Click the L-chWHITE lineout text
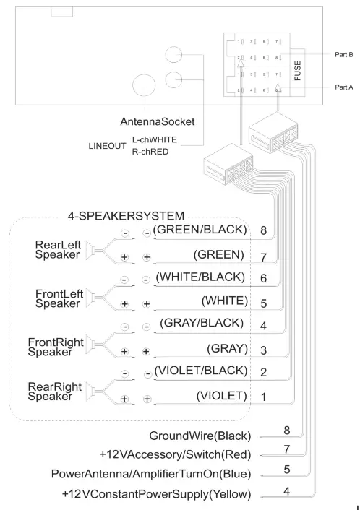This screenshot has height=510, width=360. click(154, 139)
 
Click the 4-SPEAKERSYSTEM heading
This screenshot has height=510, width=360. click(126, 215)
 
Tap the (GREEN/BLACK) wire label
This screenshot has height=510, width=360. click(200, 230)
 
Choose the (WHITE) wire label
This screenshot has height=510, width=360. click(224, 300)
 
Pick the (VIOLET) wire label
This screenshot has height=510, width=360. click(222, 396)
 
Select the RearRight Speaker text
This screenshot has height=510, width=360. click(50, 392)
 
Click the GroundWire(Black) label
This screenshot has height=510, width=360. click(200, 436)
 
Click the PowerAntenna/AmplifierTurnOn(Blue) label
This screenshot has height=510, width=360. click(151, 474)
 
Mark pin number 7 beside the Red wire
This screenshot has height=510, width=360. click(287, 450)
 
